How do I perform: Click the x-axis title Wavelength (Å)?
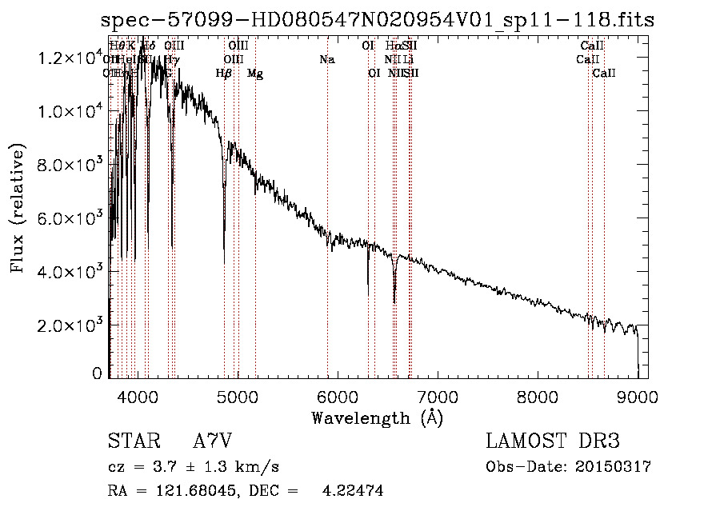tap(377, 417)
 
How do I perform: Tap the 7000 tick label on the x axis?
tap(437, 396)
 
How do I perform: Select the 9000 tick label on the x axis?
tap(637, 396)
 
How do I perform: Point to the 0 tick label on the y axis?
tap(97, 373)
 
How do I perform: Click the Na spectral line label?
tap(326, 60)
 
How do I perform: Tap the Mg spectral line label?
tap(255, 74)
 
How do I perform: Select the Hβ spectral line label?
tap(224, 74)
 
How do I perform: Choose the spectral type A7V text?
tap(213, 441)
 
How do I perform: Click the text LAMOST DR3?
tap(553, 441)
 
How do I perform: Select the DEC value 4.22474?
tap(352, 491)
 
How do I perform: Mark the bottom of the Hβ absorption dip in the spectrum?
tap(224, 262)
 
